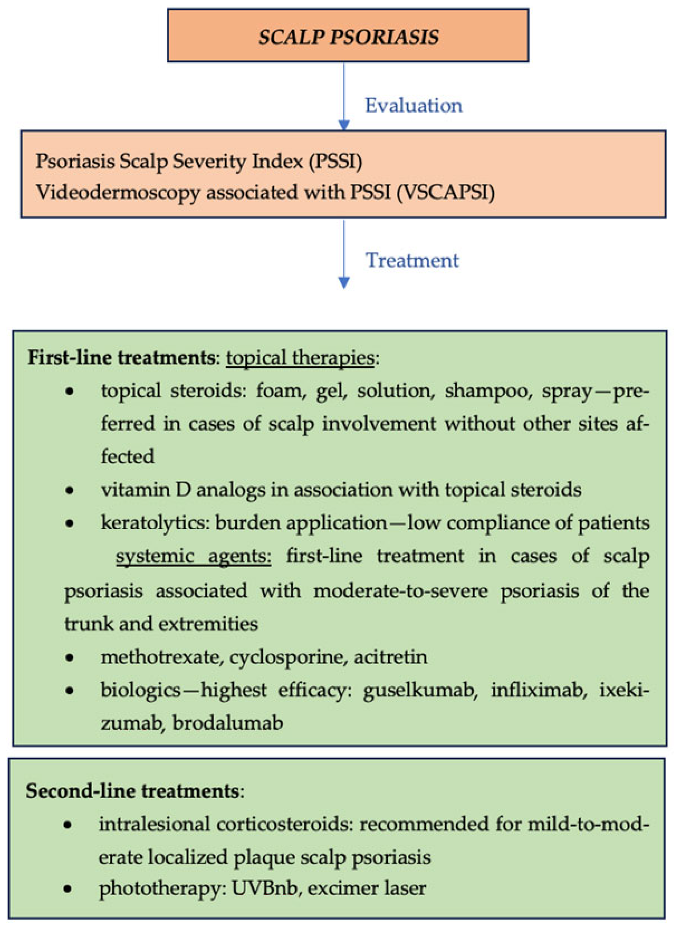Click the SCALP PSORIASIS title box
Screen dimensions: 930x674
[348, 36]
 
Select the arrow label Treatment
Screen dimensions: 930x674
[412, 260]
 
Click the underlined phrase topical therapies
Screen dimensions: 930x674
[300, 358]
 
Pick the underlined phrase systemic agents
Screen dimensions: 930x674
[193, 556]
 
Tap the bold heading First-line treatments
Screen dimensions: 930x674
[121, 358]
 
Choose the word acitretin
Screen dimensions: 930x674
[391, 657]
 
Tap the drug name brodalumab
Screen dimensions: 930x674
[228, 723]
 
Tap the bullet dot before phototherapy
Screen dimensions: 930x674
[68, 889]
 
